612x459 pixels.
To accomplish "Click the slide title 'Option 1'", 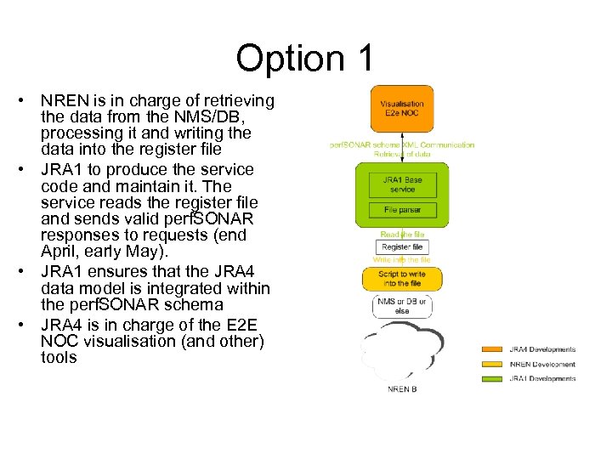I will [x=305, y=59].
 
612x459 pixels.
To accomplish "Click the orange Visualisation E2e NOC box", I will [x=402, y=109].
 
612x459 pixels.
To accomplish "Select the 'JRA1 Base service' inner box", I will [x=402, y=184].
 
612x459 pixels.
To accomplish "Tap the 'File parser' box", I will [x=402, y=210].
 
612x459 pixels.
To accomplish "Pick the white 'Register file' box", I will [x=402, y=246].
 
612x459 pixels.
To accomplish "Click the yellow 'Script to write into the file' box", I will [x=402, y=278].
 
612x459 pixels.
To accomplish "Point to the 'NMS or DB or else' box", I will [x=402, y=306].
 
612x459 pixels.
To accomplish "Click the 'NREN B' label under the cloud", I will [x=402, y=389].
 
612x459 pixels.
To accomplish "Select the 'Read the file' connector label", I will [x=402, y=234].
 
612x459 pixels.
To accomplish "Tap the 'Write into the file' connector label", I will [x=402, y=259].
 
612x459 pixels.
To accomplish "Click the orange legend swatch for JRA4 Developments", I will [x=492, y=349].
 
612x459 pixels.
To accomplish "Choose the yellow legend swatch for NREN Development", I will [x=492, y=364].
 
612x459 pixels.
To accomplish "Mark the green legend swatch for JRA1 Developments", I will [x=492, y=378].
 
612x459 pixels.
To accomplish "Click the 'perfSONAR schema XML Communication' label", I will [x=402, y=144].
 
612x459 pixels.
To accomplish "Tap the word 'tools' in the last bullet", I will [x=59, y=358].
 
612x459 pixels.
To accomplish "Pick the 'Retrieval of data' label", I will [x=402, y=154].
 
